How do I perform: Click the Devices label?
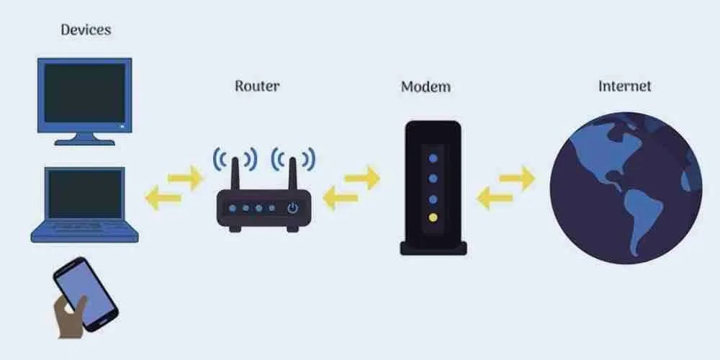86,30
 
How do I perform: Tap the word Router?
257,86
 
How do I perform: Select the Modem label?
426,87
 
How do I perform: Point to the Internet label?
624,86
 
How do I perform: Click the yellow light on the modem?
433,217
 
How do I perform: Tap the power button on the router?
292,209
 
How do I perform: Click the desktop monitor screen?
86,93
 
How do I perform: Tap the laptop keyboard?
85,227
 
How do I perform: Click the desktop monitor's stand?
86,137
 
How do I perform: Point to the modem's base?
433,248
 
